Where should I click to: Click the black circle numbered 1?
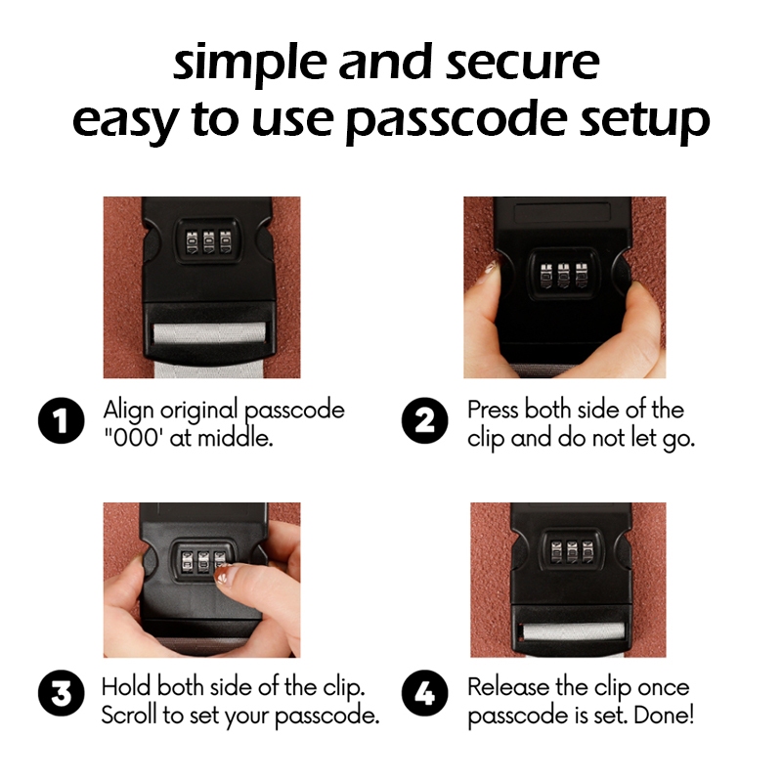pos(62,420)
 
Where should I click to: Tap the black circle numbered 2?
pos(425,420)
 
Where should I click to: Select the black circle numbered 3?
pos(62,693)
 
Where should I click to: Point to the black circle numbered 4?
pos(425,693)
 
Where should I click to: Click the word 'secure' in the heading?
pos(522,63)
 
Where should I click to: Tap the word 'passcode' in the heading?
pos(456,121)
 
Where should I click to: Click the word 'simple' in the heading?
pos(248,64)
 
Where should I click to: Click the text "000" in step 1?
pos(133,438)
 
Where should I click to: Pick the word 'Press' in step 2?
pos(494,410)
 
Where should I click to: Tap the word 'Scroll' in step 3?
pos(130,716)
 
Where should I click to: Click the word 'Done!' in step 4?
pos(664,716)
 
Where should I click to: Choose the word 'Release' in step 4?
pos(508,687)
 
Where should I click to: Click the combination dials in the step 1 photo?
pos(208,241)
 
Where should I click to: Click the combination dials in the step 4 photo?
pos(572,552)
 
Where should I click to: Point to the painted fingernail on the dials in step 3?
pos(221,577)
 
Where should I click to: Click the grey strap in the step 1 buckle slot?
pos(209,333)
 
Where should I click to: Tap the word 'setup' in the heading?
pos(644,121)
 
